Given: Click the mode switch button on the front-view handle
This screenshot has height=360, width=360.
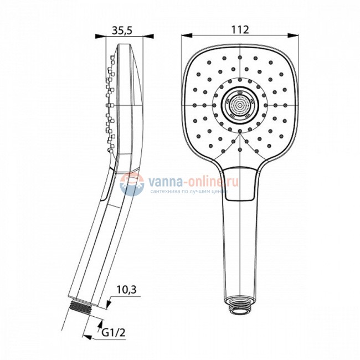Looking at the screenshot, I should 242,183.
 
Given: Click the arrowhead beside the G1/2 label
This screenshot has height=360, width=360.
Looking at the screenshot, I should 100,325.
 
